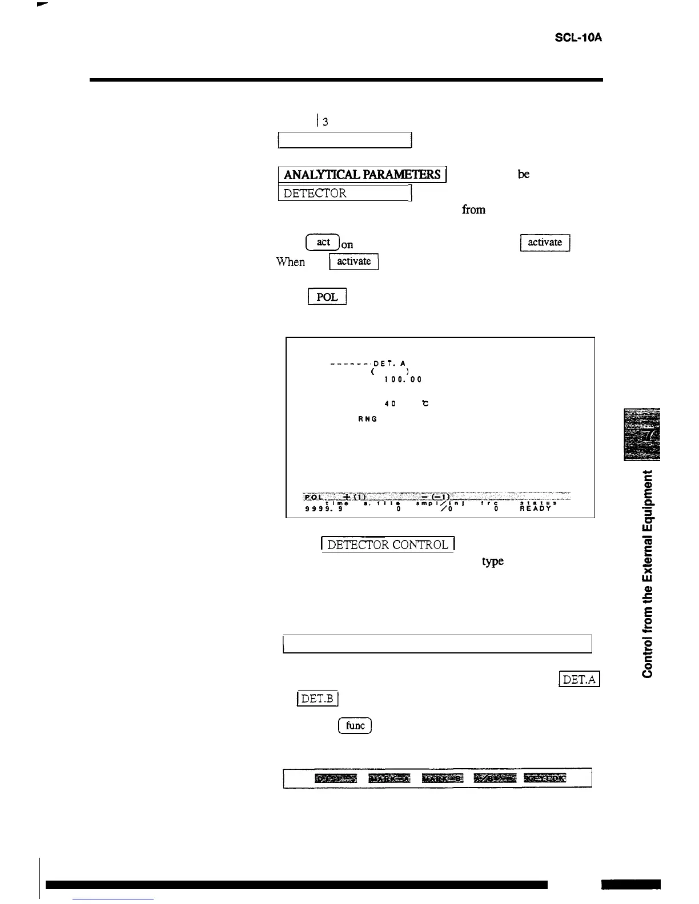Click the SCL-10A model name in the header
pyautogui.click(x=579, y=38)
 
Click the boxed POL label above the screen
pyautogui.click(x=327, y=297)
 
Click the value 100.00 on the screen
pyautogui.click(x=403, y=379)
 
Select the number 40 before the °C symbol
pyautogui.click(x=390, y=403)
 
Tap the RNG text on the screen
pyautogui.click(x=367, y=419)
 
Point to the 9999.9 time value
pyautogui.click(x=324, y=507)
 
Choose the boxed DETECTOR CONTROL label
pyautogui.click(x=388, y=545)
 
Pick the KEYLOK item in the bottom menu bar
pyautogui.click(x=545, y=778)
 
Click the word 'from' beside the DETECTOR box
pyautogui.click(x=473, y=210)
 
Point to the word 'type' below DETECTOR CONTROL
pyautogui.click(x=493, y=562)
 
